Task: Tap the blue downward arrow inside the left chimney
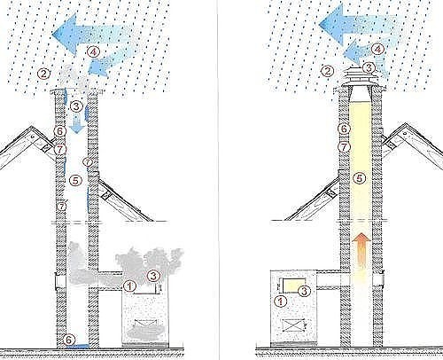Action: pyautogui.click(x=77, y=125)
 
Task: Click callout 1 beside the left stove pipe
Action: pyautogui.click(x=129, y=286)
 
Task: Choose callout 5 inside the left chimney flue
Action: pyautogui.click(x=75, y=180)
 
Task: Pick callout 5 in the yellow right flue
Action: pyautogui.click(x=359, y=178)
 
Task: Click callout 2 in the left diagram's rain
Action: pyautogui.click(x=43, y=74)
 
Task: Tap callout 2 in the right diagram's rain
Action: pyautogui.click(x=327, y=71)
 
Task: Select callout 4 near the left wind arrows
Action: pyautogui.click(x=93, y=52)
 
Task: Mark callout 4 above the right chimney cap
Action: pyautogui.click(x=377, y=50)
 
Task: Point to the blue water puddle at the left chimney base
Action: pyautogui.click(x=77, y=345)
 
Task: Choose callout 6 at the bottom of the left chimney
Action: pyautogui.click(x=68, y=340)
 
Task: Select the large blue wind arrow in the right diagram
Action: pyautogui.click(x=357, y=24)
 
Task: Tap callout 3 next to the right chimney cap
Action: pyautogui.click(x=369, y=68)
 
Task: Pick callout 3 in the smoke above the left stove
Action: pyautogui.click(x=153, y=276)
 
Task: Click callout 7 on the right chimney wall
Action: pyautogui.click(x=344, y=146)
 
